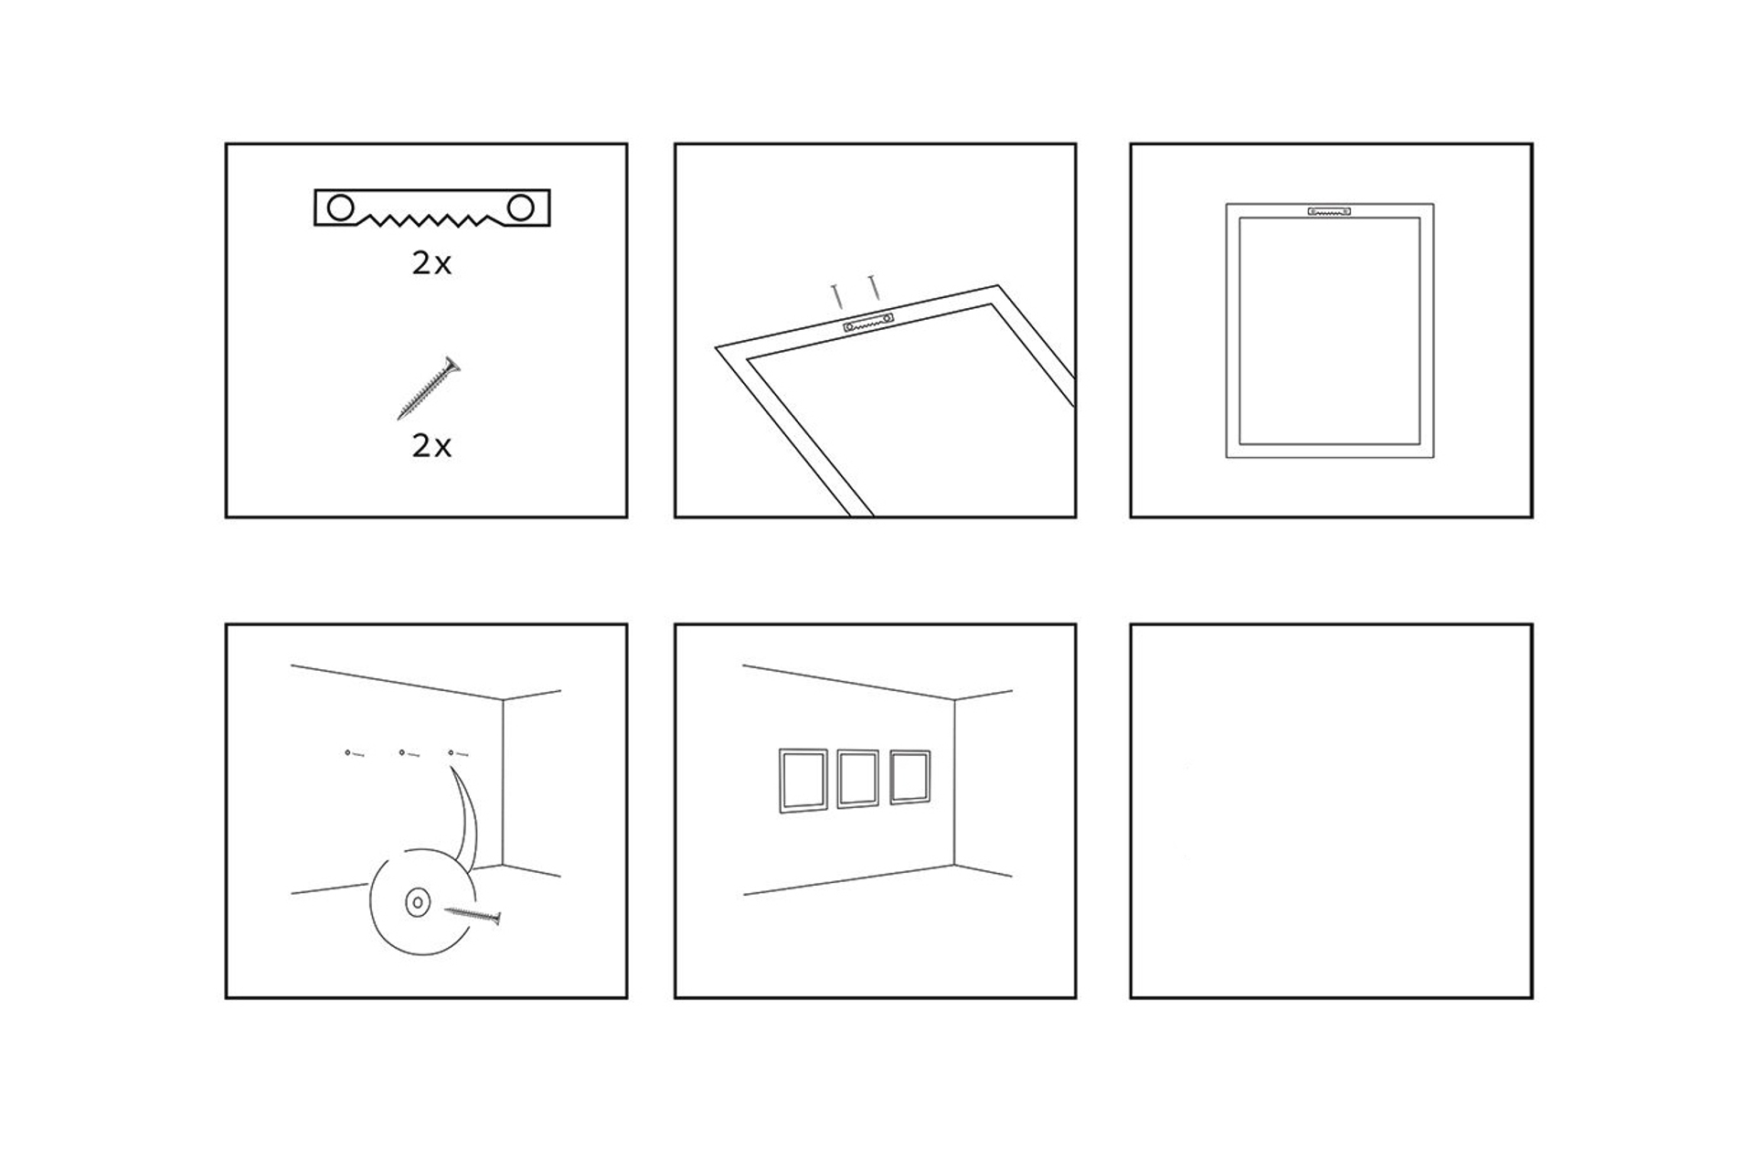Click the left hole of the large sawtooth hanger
(340, 207)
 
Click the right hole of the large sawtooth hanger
(521, 207)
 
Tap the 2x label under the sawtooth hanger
(431, 263)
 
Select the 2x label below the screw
(431, 446)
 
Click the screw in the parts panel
(429, 388)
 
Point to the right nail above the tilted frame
(874, 287)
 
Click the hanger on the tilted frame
(868, 323)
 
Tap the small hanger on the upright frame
(1329, 211)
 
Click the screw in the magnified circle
(473, 914)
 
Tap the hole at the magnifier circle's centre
(418, 902)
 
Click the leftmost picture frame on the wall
(803, 781)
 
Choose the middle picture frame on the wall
(857, 779)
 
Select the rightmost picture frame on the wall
(910, 777)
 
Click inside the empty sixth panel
(1331, 811)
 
